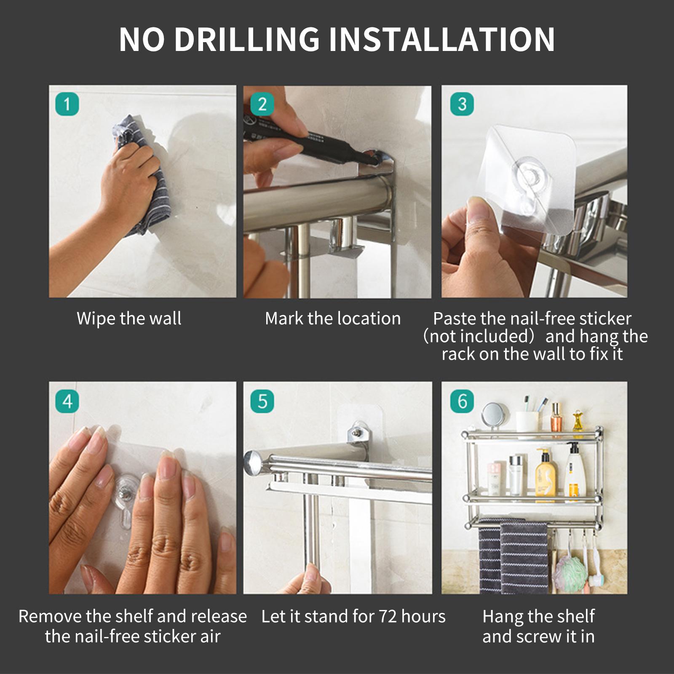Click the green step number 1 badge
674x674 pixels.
tap(67, 104)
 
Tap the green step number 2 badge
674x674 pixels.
tap(262, 104)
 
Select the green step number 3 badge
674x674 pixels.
tap(462, 104)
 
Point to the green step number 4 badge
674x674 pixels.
tap(67, 401)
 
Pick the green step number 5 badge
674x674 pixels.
tap(262, 401)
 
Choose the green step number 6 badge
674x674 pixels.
tap(462, 401)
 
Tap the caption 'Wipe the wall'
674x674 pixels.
tap(129, 318)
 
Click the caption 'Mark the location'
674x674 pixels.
tap(333, 318)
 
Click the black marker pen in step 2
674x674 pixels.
tap(312, 139)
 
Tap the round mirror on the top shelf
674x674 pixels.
tap(492, 415)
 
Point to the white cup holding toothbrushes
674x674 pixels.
tap(527, 421)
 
